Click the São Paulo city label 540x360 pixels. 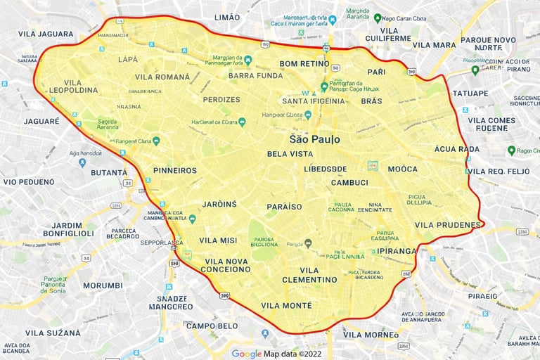314,139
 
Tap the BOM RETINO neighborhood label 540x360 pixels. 305,63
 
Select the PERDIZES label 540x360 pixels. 221,100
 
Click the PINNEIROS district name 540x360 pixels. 175,170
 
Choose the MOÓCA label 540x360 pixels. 402,169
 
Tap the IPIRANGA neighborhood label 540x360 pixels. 397,250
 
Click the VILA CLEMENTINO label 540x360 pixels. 309,275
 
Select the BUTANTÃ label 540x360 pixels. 109,172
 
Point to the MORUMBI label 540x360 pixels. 103,285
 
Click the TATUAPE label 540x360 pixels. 470,94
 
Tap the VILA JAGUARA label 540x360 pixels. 46,34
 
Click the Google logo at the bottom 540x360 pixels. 246,354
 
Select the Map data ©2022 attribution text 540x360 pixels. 292,354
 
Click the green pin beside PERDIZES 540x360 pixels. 242,122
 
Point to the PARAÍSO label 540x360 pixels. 284,207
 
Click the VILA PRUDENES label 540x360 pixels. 449,225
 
